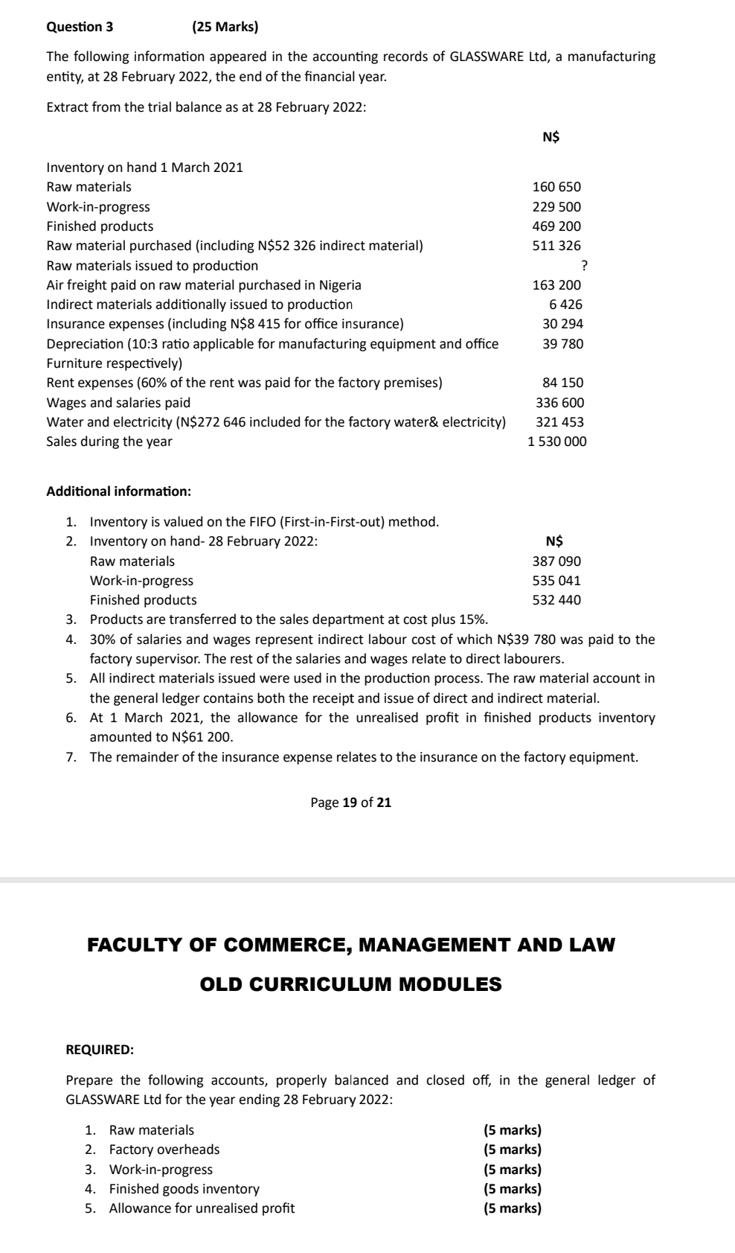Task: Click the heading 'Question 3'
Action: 80,28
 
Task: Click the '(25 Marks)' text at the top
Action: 225,28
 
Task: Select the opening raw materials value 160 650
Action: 556,187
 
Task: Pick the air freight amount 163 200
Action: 556,285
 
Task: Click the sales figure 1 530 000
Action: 556,441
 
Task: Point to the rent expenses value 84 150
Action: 562,383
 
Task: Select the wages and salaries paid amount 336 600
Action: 559,403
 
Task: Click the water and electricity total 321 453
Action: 559,422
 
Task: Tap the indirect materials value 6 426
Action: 565,305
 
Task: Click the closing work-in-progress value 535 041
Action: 556,581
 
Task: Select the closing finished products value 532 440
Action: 556,600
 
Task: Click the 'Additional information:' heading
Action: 118,491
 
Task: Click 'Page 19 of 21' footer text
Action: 350,803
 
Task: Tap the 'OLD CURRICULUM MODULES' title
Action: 351,984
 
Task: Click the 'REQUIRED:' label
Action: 100,1050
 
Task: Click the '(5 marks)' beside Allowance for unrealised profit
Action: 512,1208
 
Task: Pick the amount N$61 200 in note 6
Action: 202,738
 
